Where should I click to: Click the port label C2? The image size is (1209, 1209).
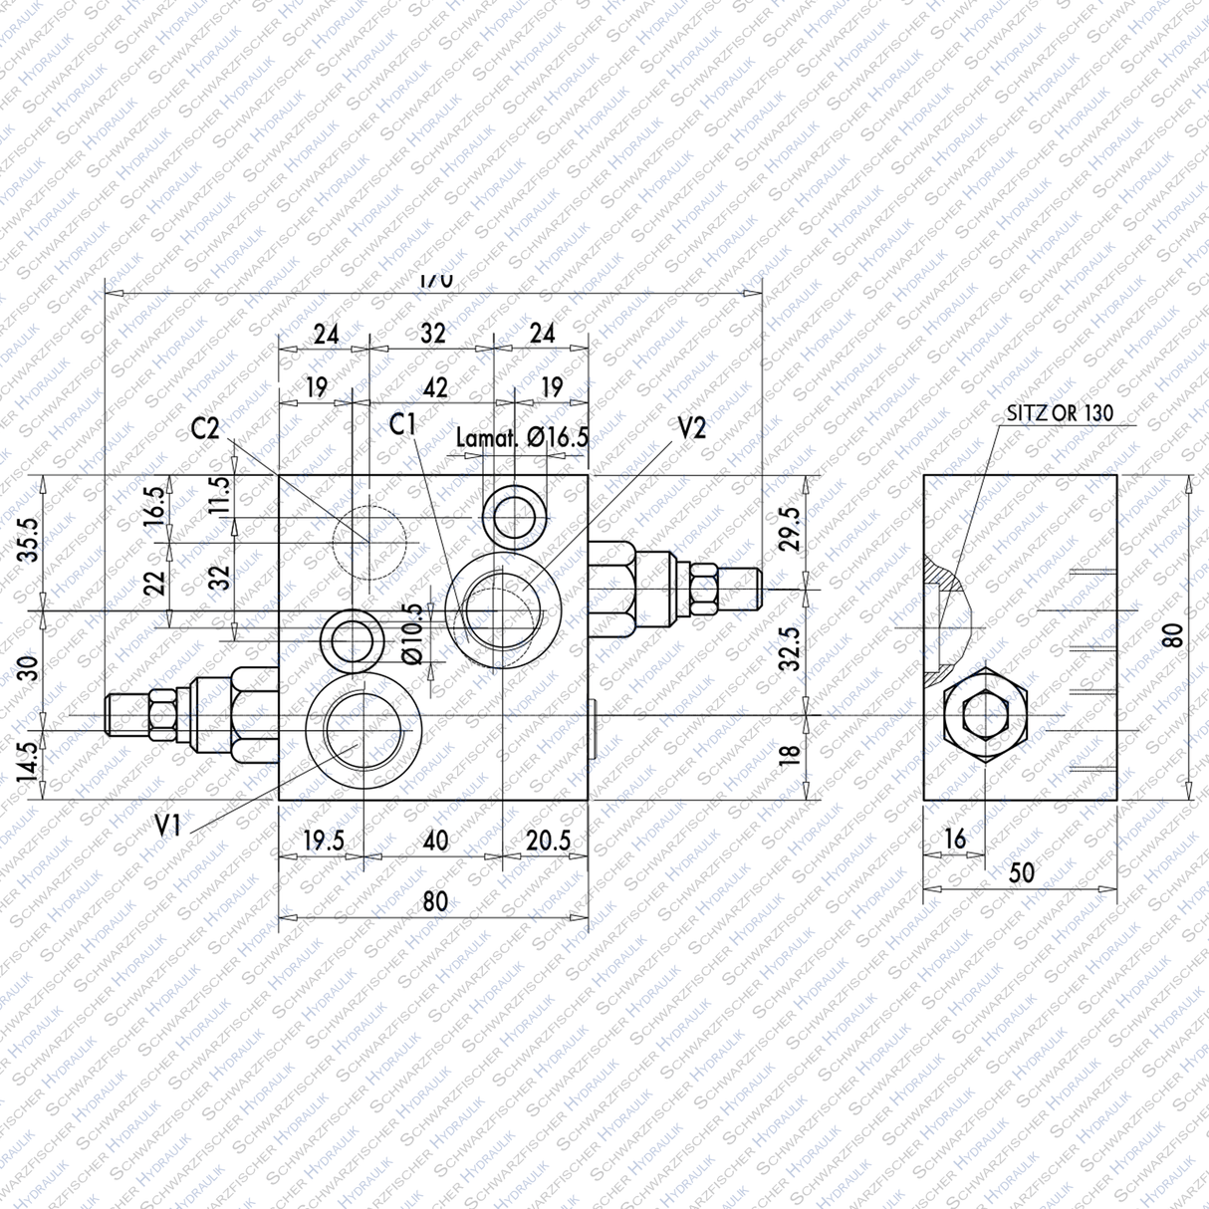tap(205, 429)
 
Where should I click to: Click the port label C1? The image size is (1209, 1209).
tap(403, 425)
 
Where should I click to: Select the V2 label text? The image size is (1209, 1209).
tap(691, 428)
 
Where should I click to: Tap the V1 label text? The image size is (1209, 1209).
tap(169, 825)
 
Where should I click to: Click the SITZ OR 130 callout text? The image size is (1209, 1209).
tap(1060, 413)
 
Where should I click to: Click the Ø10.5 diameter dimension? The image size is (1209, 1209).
tap(413, 634)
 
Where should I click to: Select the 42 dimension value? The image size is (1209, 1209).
tap(435, 387)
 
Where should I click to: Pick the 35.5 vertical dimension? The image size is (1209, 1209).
tap(29, 539)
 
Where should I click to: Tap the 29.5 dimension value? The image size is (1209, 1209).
tap(789, 529)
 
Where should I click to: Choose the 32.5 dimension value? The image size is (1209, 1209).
tap(789, 648)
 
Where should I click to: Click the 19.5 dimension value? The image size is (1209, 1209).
tap(323, 842)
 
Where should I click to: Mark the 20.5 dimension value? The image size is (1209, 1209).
tap(549, 842)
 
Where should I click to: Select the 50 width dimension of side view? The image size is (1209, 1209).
tap(1022, 873)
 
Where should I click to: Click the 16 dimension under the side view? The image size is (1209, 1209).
tap(954, 840)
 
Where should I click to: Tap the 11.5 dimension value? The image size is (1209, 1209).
tap(220, 494)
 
